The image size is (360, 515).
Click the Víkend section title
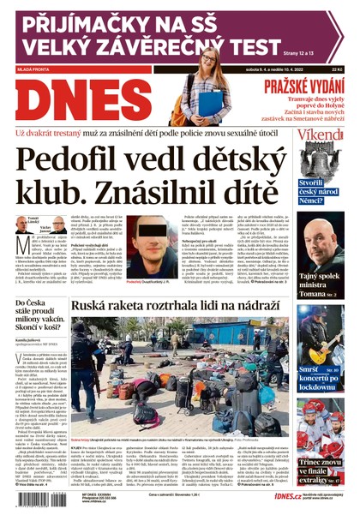[320, 136]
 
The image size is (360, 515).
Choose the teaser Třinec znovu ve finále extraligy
[322, 469]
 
